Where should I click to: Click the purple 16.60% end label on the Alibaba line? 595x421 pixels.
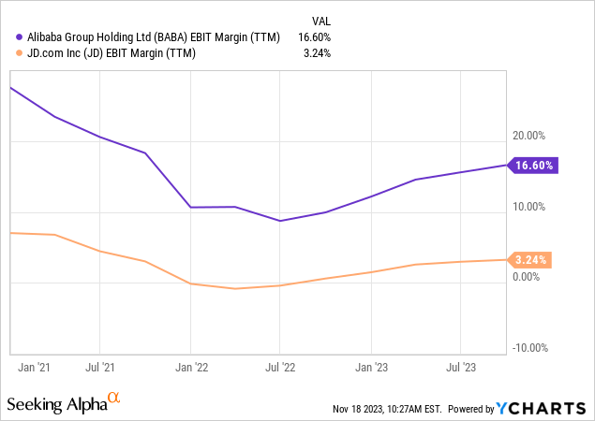click(536, 166)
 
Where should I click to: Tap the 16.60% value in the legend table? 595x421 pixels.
click(314, 37)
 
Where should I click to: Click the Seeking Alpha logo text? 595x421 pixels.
click(56, 404)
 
